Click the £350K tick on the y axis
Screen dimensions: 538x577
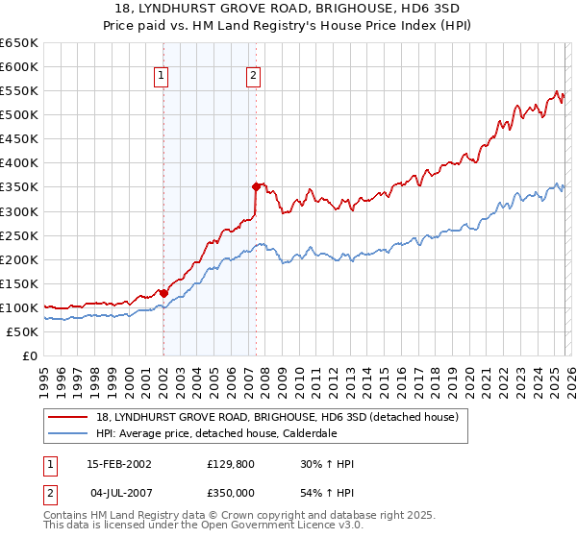pyautogui.click(x=19, y=187)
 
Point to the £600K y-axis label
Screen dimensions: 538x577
pyautogui.click(x=19, y=66)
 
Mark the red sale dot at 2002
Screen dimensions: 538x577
pyautogui.click(x=163, y=293)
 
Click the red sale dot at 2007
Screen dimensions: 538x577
pyautogui.click(x=256, y=186)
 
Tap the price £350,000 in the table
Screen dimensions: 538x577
pyautogui.click(x=236, y=492)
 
